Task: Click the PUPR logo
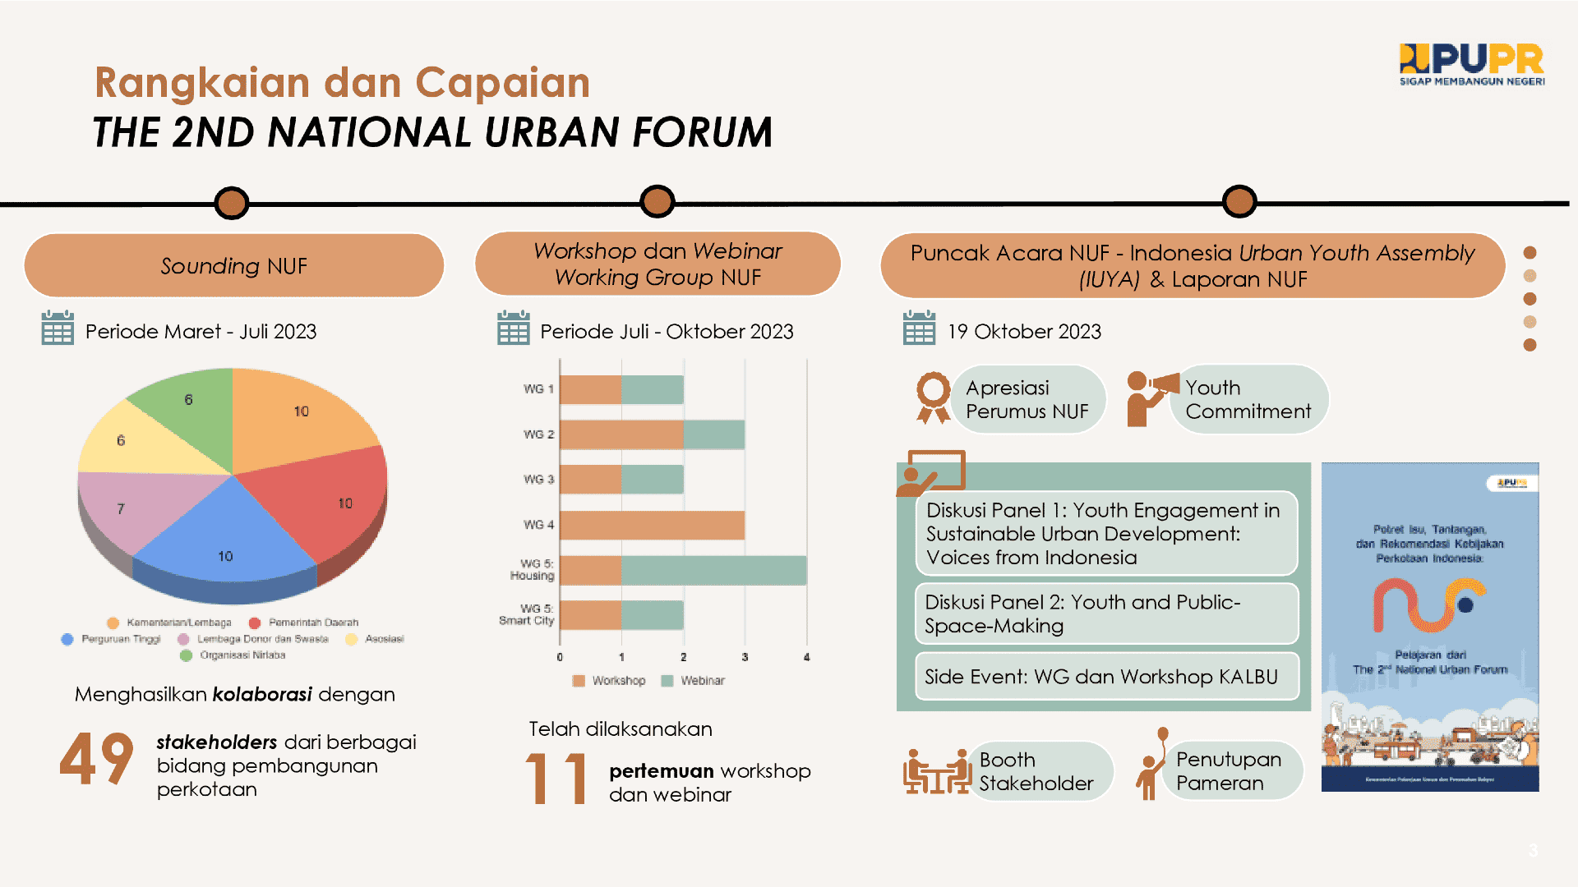pyautogui.click(x=1471, y=64)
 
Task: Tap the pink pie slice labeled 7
pyautogui.click(x=131, y=509)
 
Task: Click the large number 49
pyautogui.click(x=96, y=760)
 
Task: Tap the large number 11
pyautogui.click(x=556, y=778)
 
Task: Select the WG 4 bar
pyautogui.click(x=652, y=526)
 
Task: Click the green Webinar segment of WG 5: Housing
pyautogui.click(x=713, y=571)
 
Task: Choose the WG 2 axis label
pyautogui.click(x=538, y=434)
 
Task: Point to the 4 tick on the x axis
pyautogui.click(x=806, y=657)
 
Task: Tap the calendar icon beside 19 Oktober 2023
pyautogui.click(x=919, y=329)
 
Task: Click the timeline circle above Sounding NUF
pyautogui.click(x=232, y=203)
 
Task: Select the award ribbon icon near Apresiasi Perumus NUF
pyautogui.click(x=933, y=398)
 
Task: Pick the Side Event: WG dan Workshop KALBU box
pyautogui.click(x=1106, y=677)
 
